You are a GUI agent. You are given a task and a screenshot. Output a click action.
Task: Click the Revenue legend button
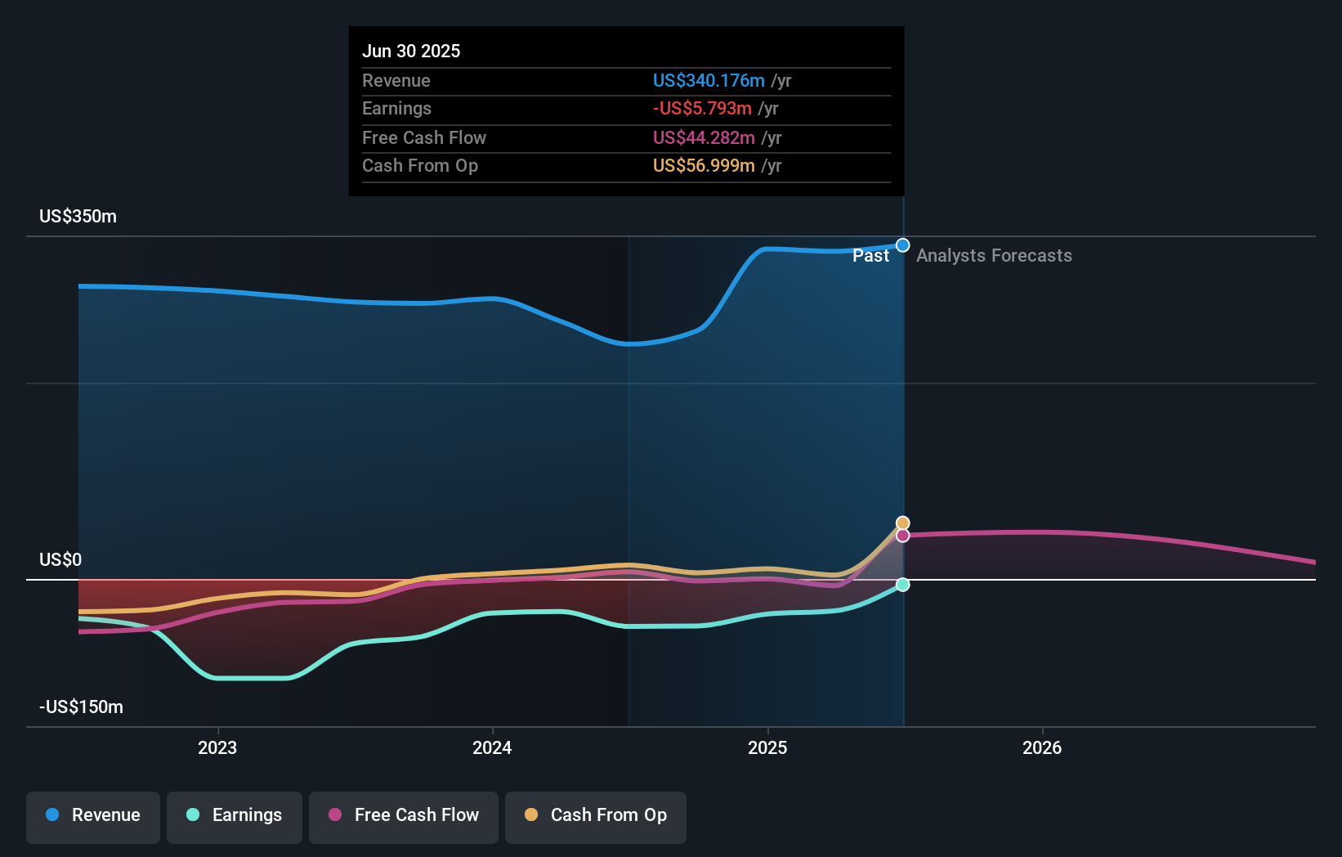[93, 816]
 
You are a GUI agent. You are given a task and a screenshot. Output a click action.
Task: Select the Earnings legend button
[234, 816]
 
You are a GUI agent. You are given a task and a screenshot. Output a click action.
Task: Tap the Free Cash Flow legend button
[403, 816]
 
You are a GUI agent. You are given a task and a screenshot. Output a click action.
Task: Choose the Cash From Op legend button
[595, 816]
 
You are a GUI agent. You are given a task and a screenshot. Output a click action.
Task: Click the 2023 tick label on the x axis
[217, 748]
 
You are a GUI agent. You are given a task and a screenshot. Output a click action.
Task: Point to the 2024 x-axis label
[492, 748]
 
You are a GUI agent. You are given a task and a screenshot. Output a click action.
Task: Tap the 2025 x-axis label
[767, 748]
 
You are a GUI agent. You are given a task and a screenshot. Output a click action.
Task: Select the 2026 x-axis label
[1042, 748]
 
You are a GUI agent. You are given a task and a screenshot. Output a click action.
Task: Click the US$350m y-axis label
[78, 217]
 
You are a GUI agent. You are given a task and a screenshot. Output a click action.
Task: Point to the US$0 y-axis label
[60, 560]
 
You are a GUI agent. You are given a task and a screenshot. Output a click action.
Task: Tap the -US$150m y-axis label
[81, 707]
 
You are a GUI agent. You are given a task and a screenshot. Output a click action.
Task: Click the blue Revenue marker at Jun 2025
[903, 245]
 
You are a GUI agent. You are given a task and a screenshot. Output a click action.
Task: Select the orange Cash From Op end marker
[903, 523]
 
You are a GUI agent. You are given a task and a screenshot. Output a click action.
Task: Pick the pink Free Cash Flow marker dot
[903, 536]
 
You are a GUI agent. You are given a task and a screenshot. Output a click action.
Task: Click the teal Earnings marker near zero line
[903, 585]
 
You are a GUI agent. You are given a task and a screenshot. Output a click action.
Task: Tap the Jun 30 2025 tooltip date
[411, 52]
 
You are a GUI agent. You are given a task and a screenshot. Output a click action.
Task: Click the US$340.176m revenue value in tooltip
[709, 81]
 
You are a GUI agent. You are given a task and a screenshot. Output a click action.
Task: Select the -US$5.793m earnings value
[702, 109]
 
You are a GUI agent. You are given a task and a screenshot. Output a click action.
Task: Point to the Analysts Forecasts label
[994, 256]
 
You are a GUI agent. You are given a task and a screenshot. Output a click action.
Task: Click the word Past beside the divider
[870, 256]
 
